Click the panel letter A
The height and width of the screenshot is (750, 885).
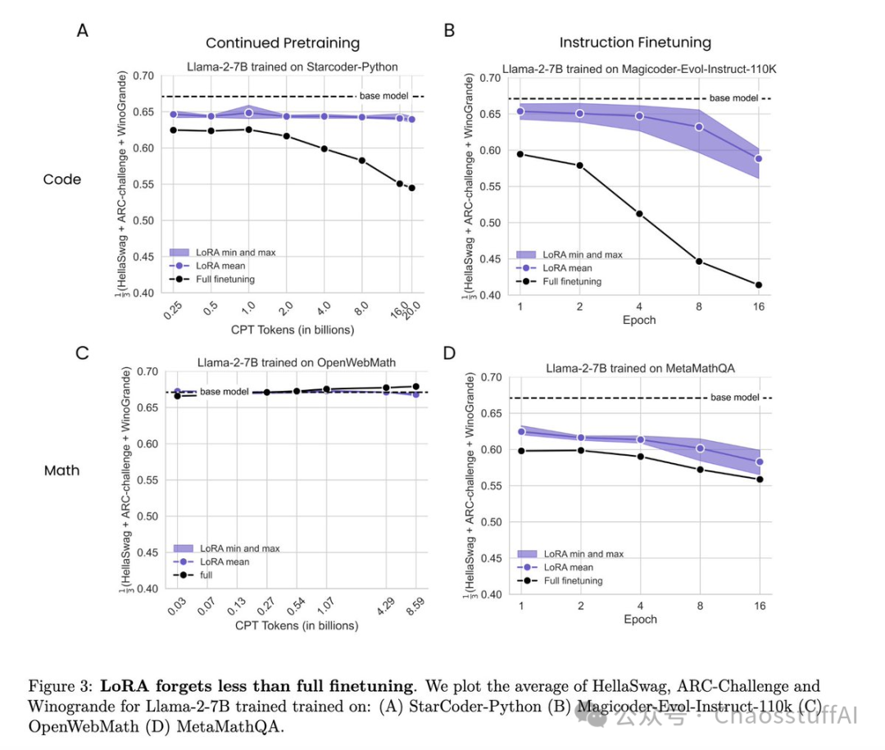coord(83,30)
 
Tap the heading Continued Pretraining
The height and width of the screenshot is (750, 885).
coord(283,43)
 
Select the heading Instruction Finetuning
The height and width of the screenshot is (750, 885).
coord(635,43)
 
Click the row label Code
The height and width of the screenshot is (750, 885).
coord(62,179)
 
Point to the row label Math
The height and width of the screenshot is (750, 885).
coord(61,470)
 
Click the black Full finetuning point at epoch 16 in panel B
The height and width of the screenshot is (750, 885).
coord(759,285)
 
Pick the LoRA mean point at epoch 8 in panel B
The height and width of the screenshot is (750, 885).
coord(699,127)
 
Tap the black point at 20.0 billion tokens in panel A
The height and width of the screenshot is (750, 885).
coord(412,188)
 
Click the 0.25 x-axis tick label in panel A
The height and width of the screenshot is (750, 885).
coord(173,310)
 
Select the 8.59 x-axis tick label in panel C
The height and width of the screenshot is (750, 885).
coord(415,606)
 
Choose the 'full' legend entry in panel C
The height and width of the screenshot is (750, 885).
coord(193,575)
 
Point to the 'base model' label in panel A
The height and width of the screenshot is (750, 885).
coord(383,96)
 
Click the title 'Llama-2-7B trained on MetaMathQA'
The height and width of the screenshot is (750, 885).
coord(640,368)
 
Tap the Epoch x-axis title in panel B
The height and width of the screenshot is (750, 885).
coord(639,320)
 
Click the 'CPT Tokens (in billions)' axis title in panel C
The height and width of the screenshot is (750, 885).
coord(297,625)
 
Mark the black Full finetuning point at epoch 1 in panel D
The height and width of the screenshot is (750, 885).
coord(521,452)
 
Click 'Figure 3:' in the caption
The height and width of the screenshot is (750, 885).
coord(61,686)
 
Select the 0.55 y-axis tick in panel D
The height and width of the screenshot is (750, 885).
coord(491,486)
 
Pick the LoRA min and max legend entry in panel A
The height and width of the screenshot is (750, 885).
coord(222,252)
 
